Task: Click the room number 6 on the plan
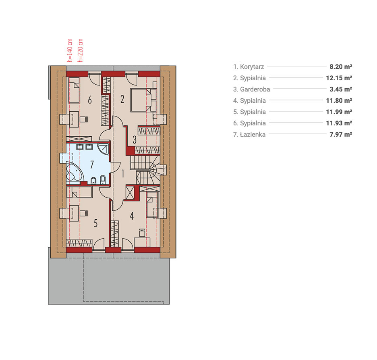pyautogui.click(x=90, y=100)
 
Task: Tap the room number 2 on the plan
pyautogui.click(x=122, y=99)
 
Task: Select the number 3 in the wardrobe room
pyautogui.click(x=135, y=139)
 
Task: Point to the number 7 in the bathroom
pyautogui.click(x=92, y=164)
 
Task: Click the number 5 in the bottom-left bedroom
pyautogui.click(x=96, y=223)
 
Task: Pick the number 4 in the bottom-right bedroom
pyautogui.click(x=132, y=216)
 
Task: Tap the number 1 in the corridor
pyautogui.click(x=123, y=173)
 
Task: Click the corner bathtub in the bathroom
pyautogui.click(x=74, y=172)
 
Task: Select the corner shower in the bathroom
pyautogui.click(x=104, y=149)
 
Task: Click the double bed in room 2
pyautogui.click(x=143, y=100)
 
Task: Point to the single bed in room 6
pyautogui.click(x=74, y=90)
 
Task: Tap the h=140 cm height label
pyautogui.click(x=70, y=50)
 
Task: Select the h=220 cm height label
pyautogui.click(x=80, y=50)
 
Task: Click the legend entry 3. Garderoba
pyautogui.click(x=251, y=89)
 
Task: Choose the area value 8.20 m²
pyautogui.click(x=341, y=67)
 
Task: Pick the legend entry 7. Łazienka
pyautogui.click(x=249, y=134)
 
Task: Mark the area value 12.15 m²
pyautogui.click(x=339, y=78)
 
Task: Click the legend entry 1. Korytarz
pyautogui.click(x=249, y=67)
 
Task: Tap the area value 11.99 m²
pyautogui.click(x=339, y=112)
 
